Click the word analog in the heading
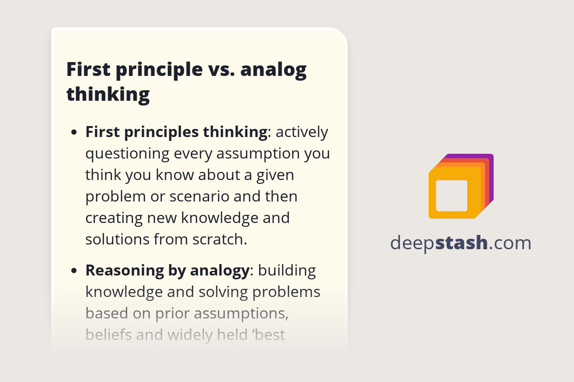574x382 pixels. click(273, 70)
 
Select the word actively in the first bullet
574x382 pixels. click(302, 132)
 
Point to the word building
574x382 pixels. click(287, 271)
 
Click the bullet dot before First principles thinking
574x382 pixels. click(74, 133)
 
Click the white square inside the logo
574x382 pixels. click(452, 195)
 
